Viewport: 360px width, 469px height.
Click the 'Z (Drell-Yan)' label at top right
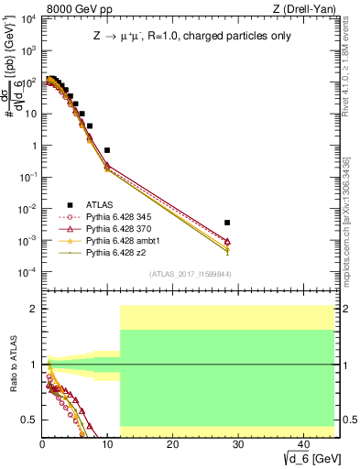(x=308, y=9)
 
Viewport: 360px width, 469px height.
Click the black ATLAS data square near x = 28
(x=226, y=223)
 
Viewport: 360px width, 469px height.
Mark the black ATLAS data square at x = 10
(x=107, y=150)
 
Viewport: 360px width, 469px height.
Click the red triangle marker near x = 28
(x=226, y=241)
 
